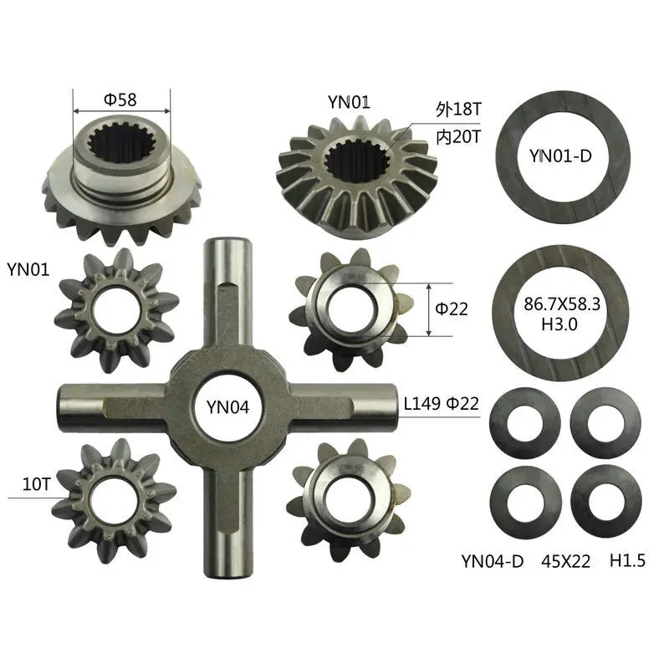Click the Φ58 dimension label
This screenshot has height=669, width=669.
120,100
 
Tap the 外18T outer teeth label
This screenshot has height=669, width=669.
458,109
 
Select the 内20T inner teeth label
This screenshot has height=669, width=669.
458,137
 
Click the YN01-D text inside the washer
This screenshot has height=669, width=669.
560,156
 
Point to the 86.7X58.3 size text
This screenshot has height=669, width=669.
562,304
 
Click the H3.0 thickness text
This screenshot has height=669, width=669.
559,324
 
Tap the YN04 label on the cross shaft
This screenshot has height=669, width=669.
227,407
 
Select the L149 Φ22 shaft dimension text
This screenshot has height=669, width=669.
442,403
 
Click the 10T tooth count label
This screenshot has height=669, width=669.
36,484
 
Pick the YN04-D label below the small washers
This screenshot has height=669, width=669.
493,561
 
